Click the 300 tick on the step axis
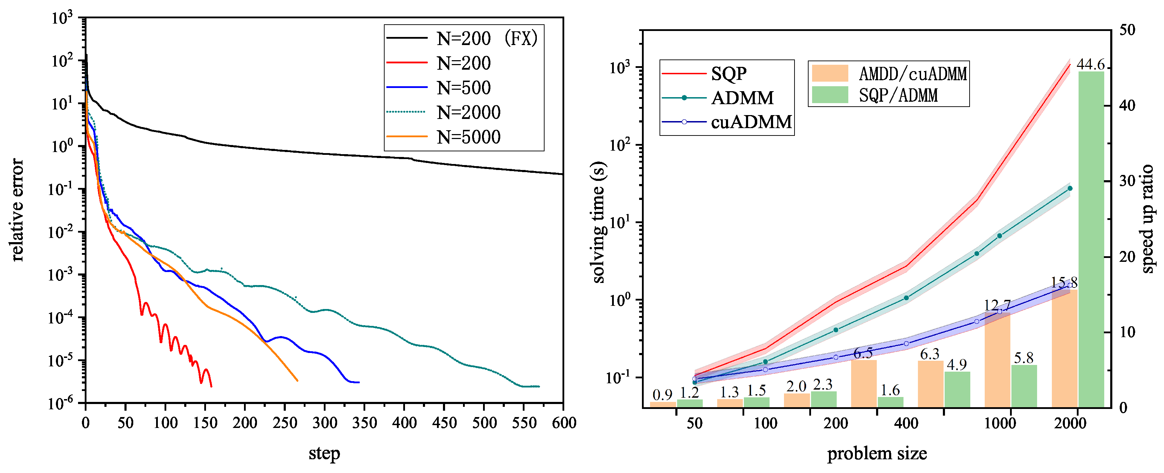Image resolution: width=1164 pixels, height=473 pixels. (x=324, y=423)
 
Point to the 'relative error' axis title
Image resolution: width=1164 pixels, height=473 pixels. (x=17, y=210)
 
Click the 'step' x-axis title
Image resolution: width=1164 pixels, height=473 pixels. (x=324, y=453)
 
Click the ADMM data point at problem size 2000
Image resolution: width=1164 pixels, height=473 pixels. (x=1069, y=188)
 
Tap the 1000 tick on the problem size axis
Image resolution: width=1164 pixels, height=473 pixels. (x=999, y=423)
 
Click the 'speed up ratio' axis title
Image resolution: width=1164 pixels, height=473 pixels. (x=1148, y=219)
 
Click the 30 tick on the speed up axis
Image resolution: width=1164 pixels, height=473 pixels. (x=1127, y=181)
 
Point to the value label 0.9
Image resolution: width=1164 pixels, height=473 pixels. (x=662, y=395)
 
